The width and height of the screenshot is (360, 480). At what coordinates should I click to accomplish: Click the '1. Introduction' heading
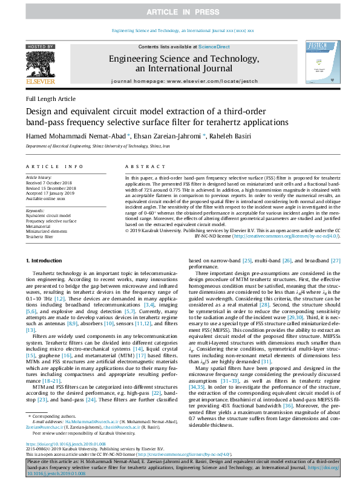(46, 261)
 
